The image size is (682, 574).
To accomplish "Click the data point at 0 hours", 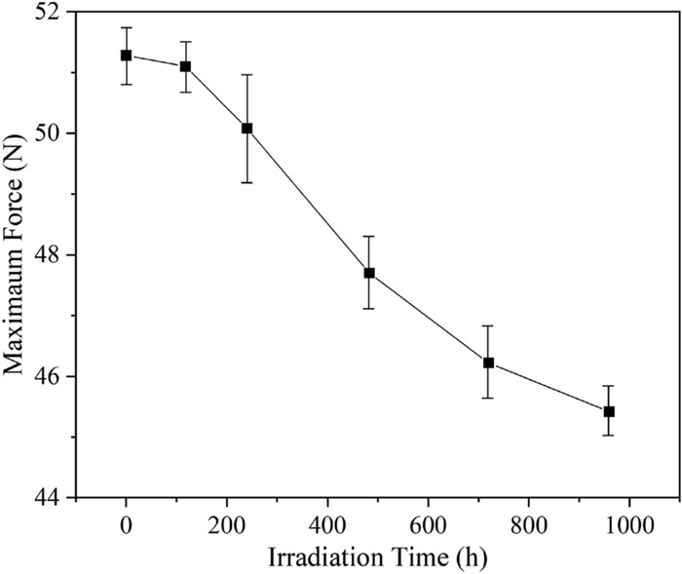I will (x=126, y=56).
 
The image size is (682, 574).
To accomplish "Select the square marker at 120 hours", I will (x=186, y=66).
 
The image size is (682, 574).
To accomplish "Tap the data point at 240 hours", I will (x=246, y=129).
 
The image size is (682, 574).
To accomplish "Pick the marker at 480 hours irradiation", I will (x=368, y=273).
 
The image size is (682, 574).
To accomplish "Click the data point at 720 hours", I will (x=489, y=363).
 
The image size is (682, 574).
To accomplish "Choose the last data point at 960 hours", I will (x=609, y=411).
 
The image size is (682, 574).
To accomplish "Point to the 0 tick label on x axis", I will (x=126, y=523).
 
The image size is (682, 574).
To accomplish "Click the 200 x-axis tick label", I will (x=226, y=523).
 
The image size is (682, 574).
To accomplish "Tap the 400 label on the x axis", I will (x=327, y=523).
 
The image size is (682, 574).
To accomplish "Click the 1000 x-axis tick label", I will (x=628, y=523).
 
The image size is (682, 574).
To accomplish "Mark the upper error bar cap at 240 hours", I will (x=246, y=75).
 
